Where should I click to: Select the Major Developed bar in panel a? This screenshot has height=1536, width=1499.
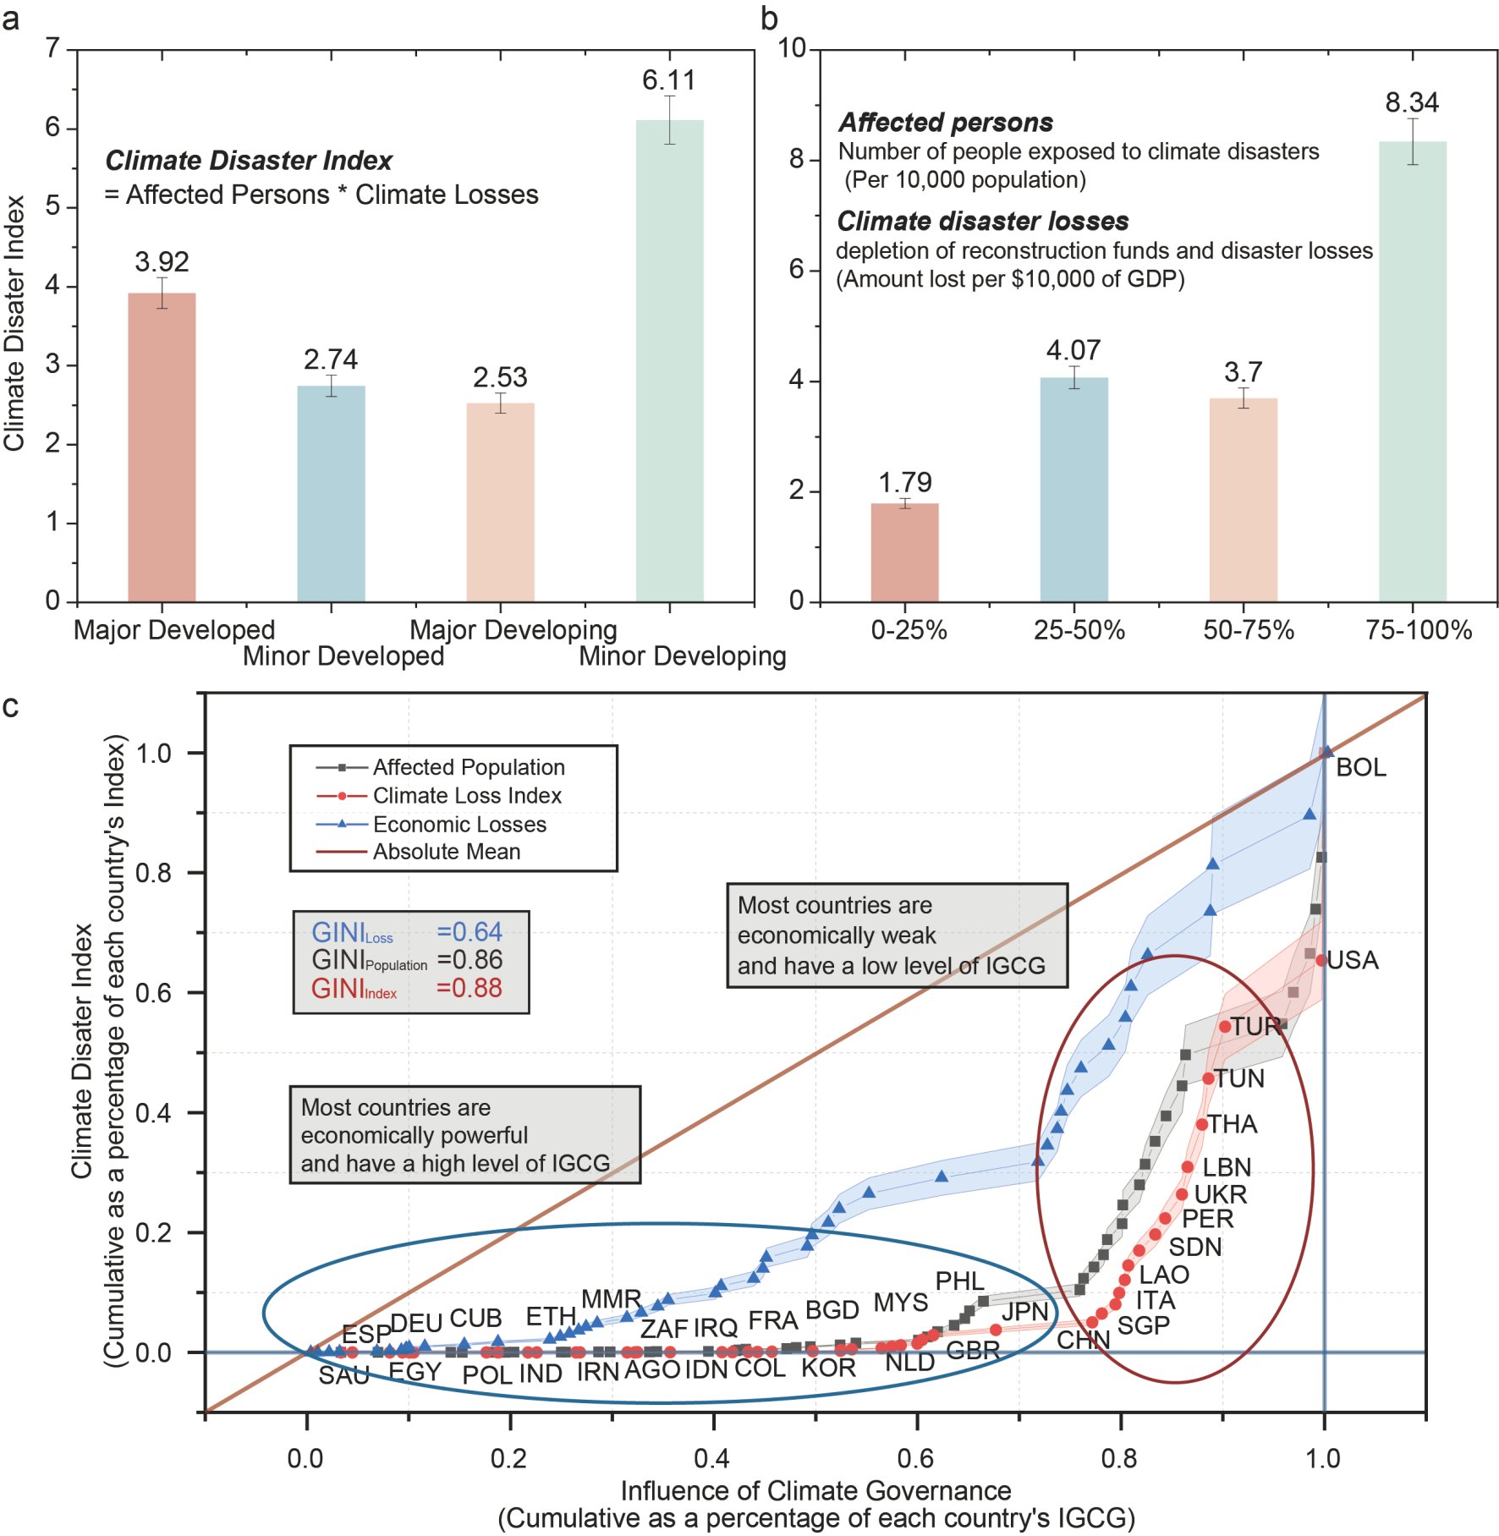[x=162, y=447]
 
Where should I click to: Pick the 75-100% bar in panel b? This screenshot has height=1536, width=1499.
[x=1412, y=372]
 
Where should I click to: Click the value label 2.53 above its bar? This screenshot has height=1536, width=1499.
[x=500, y=377]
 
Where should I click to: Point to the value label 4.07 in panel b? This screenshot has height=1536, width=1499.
[x=1073, y=350]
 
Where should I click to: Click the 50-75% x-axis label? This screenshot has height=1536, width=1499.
[x=1249, y=630]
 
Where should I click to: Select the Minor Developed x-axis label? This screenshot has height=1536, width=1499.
[x=343, y=656]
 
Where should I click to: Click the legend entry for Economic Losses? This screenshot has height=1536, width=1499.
[x=459, y=824]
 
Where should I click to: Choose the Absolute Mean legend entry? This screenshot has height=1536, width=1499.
[x=447, y=852]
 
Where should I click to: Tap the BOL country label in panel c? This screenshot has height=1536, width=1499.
[x=1360, y=767]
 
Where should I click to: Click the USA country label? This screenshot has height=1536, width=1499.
[x=1352, y=960]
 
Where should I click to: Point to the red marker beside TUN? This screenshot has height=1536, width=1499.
[x=1208, y=1078]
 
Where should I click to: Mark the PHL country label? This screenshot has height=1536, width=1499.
[x=959, y=1281]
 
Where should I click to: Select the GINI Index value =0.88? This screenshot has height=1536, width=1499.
[x=469, y=988]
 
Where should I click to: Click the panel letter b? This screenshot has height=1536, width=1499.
[x=769, y=19]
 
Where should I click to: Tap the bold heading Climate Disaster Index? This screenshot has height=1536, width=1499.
[x=249, y=161]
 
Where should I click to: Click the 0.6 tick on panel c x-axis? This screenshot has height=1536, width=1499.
[x=916, y=1458]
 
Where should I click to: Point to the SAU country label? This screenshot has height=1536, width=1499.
[x=343, y=1375]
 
